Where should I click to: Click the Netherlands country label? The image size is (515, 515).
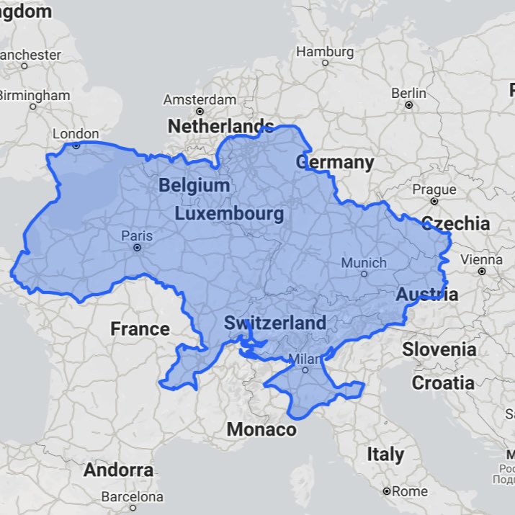pos(221,126)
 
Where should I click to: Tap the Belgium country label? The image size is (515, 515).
pos(194,185)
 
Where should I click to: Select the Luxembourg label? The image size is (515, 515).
pos(229,214)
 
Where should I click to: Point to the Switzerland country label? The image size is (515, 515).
pos(275,323)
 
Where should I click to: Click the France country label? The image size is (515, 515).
pos(140,329)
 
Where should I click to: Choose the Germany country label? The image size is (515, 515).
pos(335,162)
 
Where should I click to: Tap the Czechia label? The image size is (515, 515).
pos(455,223)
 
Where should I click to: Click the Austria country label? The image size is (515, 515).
pos(426,294)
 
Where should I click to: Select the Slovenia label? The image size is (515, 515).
pos(439,349)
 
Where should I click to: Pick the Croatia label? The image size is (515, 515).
pos(443,382)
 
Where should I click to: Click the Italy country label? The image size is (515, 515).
pos(385,454)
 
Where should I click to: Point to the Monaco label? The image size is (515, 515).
pos(261,429)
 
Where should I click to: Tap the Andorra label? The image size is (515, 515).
pos(119,470)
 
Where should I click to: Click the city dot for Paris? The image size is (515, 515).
pos(137,248)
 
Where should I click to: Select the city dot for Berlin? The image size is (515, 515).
pos(408,105)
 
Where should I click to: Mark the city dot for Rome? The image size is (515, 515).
pos(386,491)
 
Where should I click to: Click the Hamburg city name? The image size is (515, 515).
pos(325,52)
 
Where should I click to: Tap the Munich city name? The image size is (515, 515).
pos(364,263)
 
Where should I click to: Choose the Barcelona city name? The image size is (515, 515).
pos(133,496)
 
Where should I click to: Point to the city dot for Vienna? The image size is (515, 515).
pos(481,272)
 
